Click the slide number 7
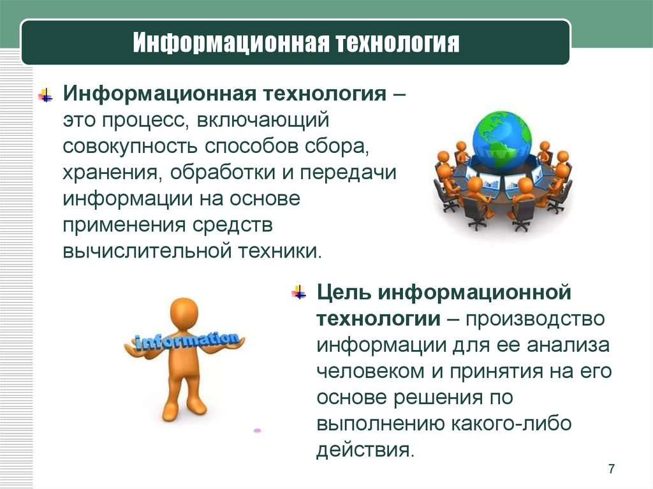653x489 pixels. click(x=611, y=469)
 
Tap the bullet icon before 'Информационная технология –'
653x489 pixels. click(x=45, y=96)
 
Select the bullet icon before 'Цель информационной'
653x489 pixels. click(x=299, y=293)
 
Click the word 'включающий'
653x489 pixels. click(x=263, y=120)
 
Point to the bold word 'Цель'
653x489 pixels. click(x=344, y=293)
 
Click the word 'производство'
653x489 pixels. click(x=535, y=319)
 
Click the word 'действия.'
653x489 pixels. click(x=365, y=450)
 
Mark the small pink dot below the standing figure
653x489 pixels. click(x=257, y=430)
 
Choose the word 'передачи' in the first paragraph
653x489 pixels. click(x=348, y=173)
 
